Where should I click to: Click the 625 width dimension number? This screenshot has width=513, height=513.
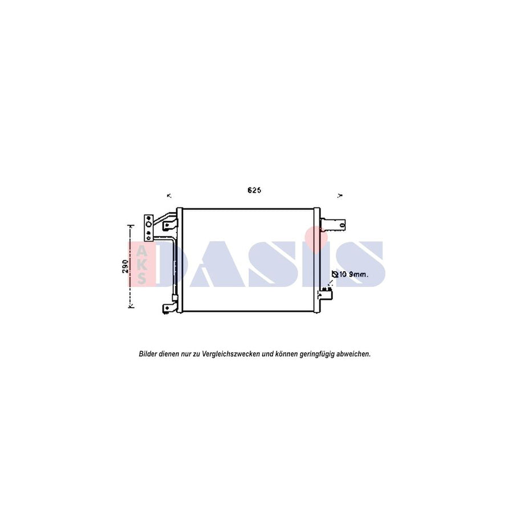pyautogui.click(x=254, y=190)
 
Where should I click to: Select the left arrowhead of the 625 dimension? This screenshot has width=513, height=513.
pyautogui.click(x=169, y=196)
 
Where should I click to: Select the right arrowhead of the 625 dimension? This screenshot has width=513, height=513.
pyautogui.click(x=340, y=196)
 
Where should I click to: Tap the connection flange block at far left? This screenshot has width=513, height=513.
pyautogui.click(x=148, y=226)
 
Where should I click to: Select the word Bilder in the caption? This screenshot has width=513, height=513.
pyautogui.click(x=148, y=354)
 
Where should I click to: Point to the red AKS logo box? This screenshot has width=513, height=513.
pyautogui.click(x=140, y=263)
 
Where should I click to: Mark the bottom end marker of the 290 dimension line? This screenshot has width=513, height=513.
pyautogui.click(x=131, y=307)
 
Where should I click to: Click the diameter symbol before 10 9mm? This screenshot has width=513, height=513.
pyautogui.click(x=336, y=275)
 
